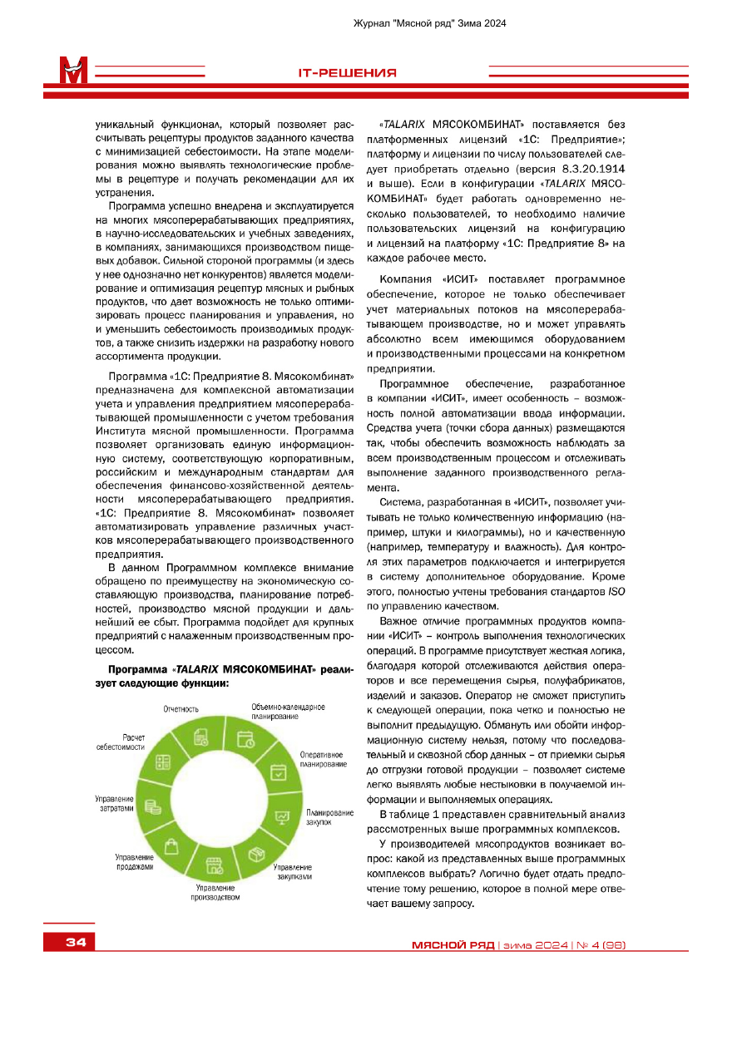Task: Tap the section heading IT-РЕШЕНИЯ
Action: [347, 73]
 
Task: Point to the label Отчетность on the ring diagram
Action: [181, 709]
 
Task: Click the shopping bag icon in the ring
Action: [171, 846]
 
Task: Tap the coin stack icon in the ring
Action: [152, 806]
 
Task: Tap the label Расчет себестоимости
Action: [121, 742]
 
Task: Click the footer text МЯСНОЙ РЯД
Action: [453, 945]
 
